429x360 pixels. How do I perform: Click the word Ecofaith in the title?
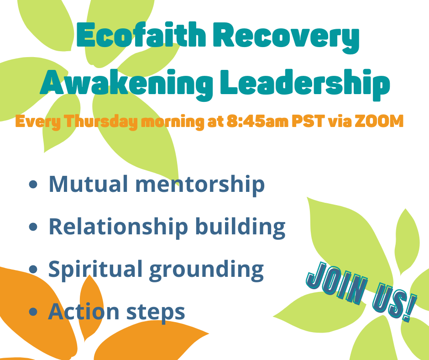pyautogui.click(x=141, y=35)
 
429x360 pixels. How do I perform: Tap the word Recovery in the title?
pyautogui.click(x=289, y=37)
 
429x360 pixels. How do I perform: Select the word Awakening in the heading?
pyautogui.click(x=126, y=82)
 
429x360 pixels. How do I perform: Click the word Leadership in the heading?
pyautogui.click(x=305, y=82)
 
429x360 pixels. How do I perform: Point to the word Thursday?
pyautogui.click(x=101, y=122)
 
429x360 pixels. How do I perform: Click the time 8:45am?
pyautogui.click(x=257, y=121)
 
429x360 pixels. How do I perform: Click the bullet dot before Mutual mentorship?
pyautogui.click(x=33, y=184)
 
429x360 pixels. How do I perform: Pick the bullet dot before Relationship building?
pyautogui.click(x=33, y=227)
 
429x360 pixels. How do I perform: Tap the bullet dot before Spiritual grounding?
pyautogui.click(x=33, y=269)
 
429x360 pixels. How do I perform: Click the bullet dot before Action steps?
pyautogui.click(x=33, y=312)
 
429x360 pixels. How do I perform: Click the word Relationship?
pyautogui.click(x=118, y=227)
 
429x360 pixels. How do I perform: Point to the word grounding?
pyautogui.click(x=206, y=270)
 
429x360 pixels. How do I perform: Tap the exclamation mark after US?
pyautogui.click(x=410, y=308)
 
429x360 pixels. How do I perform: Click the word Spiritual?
pyautogui.click(x=95, y=270)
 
